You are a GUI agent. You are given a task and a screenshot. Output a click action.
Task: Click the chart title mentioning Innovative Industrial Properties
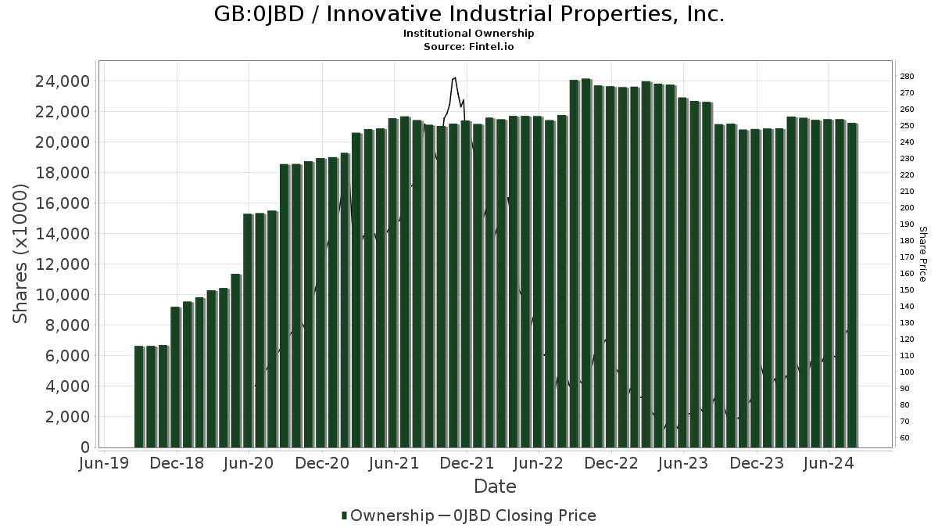tap(469, 14)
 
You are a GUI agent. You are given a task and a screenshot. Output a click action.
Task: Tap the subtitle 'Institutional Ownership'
tap(469, 34)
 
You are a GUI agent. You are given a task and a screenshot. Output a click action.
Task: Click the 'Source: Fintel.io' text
tap(469, 46)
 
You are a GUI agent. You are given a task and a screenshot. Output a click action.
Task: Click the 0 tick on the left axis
tap(84, 447)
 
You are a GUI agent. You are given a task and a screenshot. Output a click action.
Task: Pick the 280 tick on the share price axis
tap(907, 76)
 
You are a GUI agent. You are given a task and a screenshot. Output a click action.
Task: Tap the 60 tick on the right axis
tap(904, 438)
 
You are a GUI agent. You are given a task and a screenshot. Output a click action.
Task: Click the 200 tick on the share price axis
tap(907, 208)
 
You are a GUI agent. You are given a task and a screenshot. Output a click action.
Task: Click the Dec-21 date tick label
tap(467, 463)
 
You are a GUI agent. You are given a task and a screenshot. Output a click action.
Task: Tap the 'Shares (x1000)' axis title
tap(21, 253)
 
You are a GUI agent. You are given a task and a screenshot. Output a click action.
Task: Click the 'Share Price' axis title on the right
tap(922, 254)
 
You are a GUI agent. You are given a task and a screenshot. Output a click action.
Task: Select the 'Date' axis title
tap(495, 487)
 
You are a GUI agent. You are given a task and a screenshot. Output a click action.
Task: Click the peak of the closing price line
tap(453, 78)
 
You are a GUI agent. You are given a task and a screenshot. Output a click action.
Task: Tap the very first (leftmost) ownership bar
tap(139, 397)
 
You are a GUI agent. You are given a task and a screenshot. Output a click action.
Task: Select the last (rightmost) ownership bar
tap(852, 286)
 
